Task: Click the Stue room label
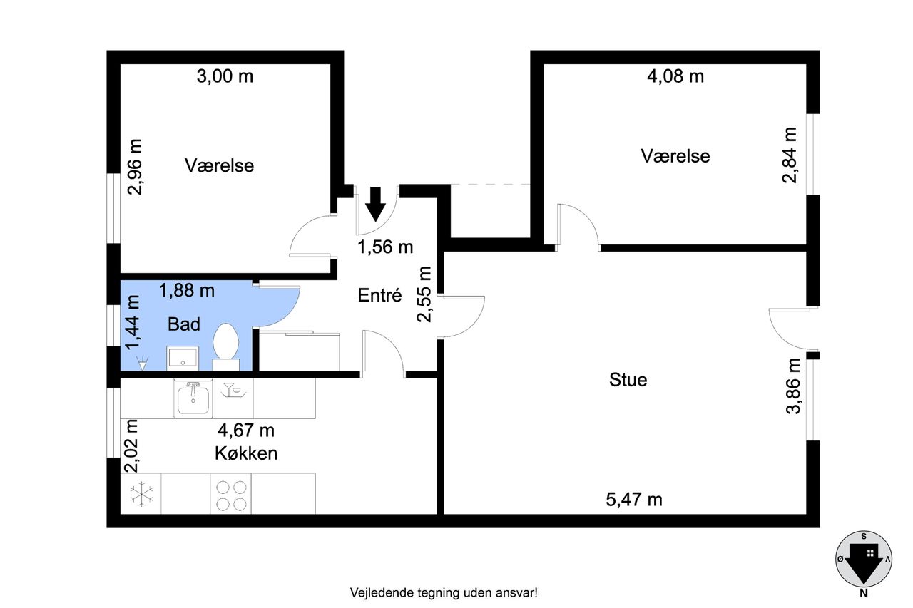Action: click(628, 380)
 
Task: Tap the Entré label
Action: click(380, 295)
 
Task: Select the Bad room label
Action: click(183, 324)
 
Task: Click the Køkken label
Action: click(245, 453)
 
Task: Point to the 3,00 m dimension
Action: click(225, 76)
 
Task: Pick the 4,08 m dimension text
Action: click(675, 76)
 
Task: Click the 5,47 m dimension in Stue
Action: click(634, 500)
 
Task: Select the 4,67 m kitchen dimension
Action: click(245, 431)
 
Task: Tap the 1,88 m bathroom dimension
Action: click(187, 290)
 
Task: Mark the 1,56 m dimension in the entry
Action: click(385, 247)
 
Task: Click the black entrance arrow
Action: click(375, 203)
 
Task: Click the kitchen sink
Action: click(193, 396)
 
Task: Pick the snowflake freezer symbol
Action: click(142, 494)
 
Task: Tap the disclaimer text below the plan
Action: click(443, 592)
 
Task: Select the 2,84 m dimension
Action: click(790, 155)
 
